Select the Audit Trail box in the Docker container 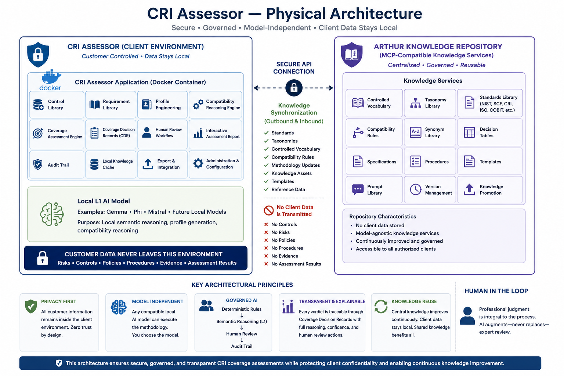tap(57, 165)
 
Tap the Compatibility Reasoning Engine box tap(215, 105)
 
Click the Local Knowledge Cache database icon tap(94, 164)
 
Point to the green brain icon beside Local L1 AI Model tap(52, 214)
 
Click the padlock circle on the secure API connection tap(294, 88)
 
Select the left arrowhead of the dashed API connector tap(256, 88)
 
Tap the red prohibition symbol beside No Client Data tap(269, 210)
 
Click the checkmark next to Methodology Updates tap(266, 165)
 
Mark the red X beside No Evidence tap(266, 256)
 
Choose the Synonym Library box tap(430, 133)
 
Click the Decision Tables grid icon tap(469, 133)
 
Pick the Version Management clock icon tap(415, 189)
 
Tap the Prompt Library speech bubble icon tap(358, 189)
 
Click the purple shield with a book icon tap(351, 55)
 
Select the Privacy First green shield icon tap(31, 306)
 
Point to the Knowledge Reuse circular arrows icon tap(381, 306)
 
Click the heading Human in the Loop tap(496, 291)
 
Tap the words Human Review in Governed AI tap(242, 334)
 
